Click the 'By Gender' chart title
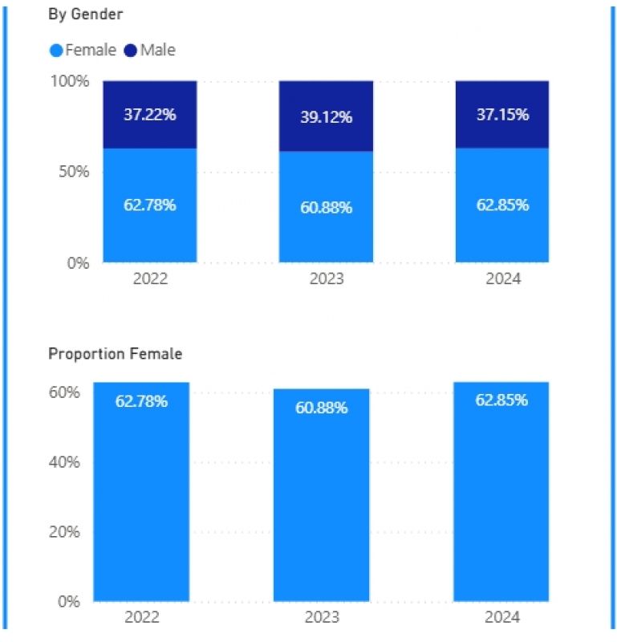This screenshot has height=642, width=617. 85,15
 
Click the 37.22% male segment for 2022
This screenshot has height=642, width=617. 149,115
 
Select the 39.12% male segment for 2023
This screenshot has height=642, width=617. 326,117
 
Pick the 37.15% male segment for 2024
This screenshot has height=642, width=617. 502,115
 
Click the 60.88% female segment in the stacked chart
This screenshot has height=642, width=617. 326,208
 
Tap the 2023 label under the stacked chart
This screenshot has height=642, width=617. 326,279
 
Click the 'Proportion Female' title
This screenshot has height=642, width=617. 115,354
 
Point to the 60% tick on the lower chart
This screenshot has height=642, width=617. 64,392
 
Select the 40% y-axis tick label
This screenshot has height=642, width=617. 64,462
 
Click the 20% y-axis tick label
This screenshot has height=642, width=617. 64,532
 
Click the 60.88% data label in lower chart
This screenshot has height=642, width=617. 321,408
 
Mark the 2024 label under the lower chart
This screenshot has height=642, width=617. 502,617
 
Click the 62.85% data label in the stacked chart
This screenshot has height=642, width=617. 502,205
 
